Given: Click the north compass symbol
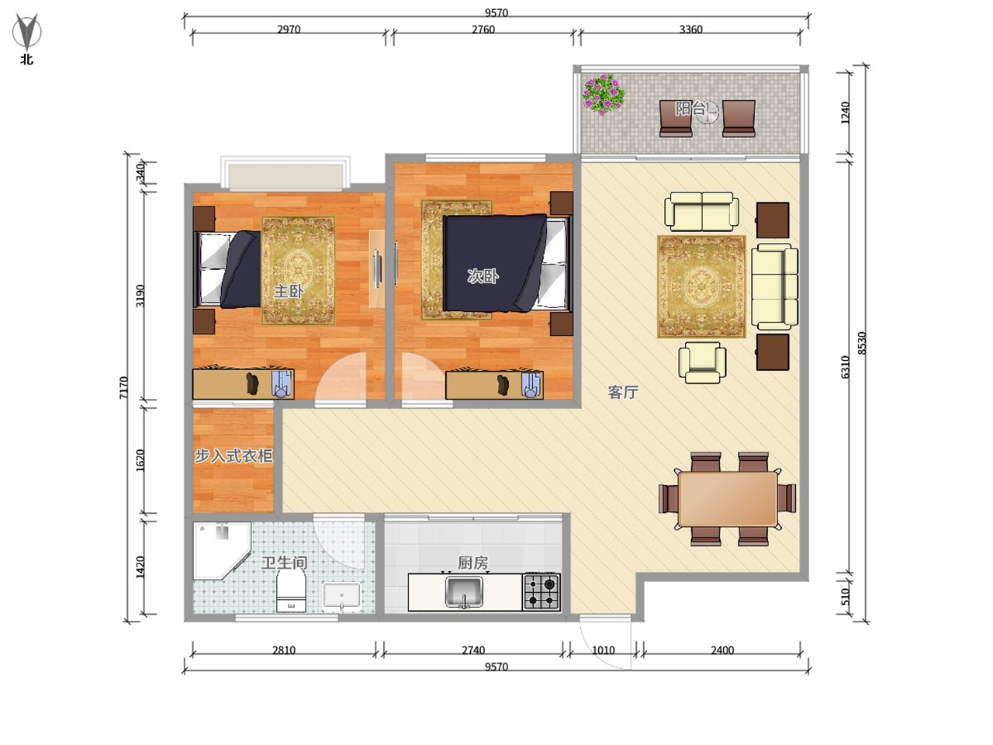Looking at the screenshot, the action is tap(26, 32).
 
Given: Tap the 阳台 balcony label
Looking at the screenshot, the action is tap(690, 109).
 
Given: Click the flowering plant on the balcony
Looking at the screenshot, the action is tap(603, 95).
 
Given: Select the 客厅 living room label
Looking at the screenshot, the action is tap(623, 392).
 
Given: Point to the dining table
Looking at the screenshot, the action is tap(728, 499).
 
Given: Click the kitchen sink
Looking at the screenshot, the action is tap(464, 591).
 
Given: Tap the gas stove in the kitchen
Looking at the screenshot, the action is tap(541, 591).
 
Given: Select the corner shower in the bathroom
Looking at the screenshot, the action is tap(221, 550).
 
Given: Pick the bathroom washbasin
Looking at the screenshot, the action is tap(341, 596).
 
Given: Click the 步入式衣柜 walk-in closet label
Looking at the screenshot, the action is tap(234, 456).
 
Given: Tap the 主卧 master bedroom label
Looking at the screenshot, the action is tap(288, 291).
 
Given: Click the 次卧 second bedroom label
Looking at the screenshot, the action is tap(483, 276).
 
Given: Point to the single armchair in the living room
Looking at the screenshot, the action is tap(702, 362).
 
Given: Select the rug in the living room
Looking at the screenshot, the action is tap(701, 287).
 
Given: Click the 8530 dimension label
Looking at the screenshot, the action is tap(861, 343).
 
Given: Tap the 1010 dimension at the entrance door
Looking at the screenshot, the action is tap(603, 650).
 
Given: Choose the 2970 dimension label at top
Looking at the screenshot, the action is tap(289, 29).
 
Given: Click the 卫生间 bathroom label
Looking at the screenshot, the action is tap(285, 563).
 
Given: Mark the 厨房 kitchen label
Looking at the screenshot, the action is tap(472, 563).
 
